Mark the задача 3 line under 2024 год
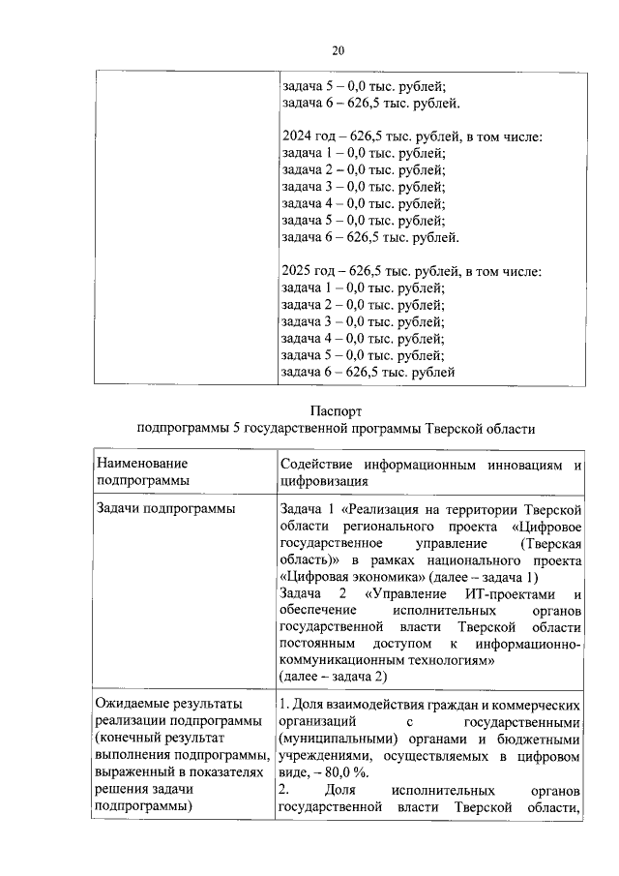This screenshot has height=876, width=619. click(x=363, y=187)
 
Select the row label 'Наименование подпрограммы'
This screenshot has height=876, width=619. click(x=143, y=471)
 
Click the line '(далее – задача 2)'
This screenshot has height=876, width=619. click(x=332, y=677)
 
